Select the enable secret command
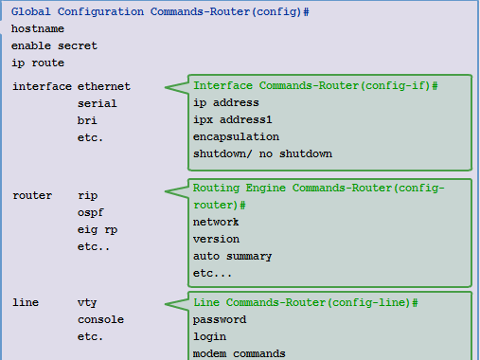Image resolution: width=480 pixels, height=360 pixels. coord(54,45)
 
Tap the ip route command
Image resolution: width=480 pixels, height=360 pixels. coord(38,63)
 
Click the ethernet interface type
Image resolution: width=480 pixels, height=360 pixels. coord(104,86)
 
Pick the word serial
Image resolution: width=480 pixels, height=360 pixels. coord(98,103)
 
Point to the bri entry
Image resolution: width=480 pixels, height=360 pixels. coord(87,120)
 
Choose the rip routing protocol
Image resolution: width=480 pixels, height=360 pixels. coord(87,195)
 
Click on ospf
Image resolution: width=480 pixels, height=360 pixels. coord(90,212)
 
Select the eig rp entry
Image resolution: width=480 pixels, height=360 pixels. coord(98,229)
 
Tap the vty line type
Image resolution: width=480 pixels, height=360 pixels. coord(87,302)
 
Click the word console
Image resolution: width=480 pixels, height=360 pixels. coord(100,319)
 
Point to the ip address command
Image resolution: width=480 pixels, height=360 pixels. coord(225,102)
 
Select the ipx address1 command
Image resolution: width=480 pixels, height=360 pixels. coord(232,119)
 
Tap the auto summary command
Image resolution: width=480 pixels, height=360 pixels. coord(232,256)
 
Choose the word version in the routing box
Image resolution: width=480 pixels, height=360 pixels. coord(216,239)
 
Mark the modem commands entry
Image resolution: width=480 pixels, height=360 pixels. coord(239,353)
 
